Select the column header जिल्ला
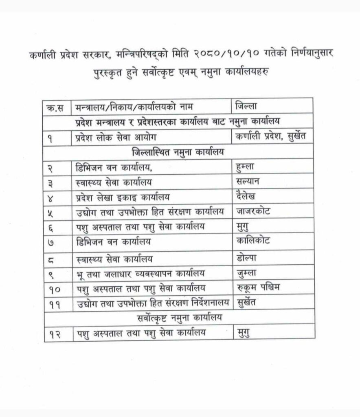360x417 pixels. [x=248, y=107]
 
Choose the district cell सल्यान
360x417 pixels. [x=250, y=181]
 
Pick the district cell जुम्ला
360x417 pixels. [x=248, y=272]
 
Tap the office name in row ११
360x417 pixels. [x=151, y=302]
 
